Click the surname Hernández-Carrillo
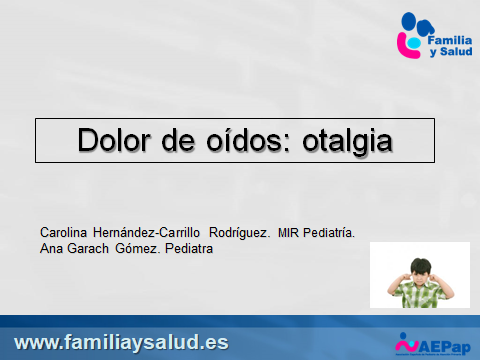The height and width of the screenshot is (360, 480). tap(150, 232)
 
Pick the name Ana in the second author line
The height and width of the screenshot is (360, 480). tap(50, 249)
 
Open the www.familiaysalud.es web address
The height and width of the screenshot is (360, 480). tap(122, 341)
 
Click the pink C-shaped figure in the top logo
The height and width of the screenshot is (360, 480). tap(407, 42)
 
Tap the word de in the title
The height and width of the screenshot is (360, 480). tap(185, 141)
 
